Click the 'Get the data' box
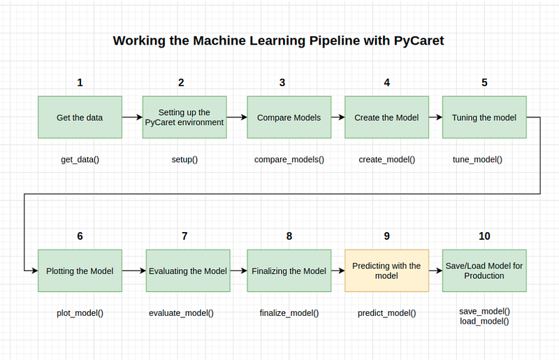80,117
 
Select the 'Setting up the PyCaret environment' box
184,117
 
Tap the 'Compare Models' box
289,117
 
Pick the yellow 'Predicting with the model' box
386,271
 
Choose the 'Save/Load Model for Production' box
484,271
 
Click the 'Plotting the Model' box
80,271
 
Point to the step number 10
484,236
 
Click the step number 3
282,82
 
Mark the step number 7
184,236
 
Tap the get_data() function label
80,159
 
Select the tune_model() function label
477,159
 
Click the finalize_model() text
289,313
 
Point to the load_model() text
484,321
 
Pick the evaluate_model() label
181,313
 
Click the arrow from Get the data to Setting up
132,117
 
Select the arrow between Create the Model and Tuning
435,117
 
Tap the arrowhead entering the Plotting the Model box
35,271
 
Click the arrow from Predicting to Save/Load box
435,271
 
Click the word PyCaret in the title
419,41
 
